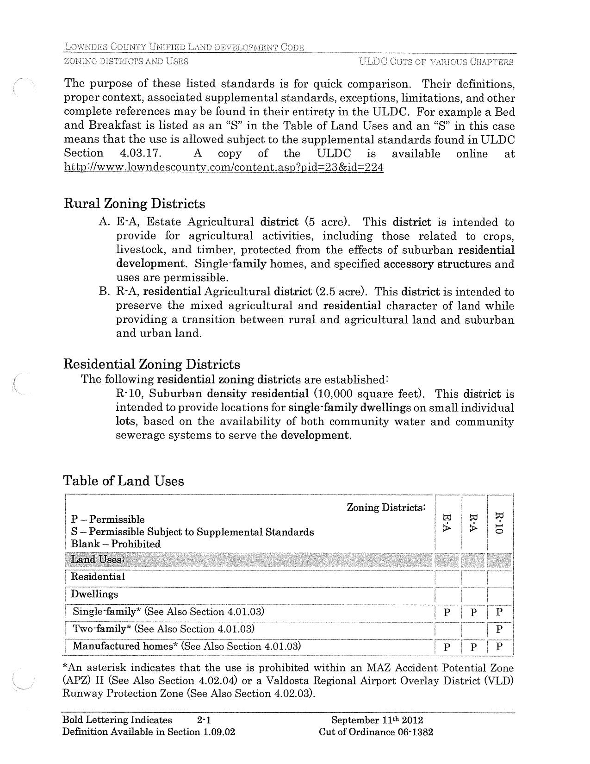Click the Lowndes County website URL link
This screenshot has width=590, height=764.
coord(224,168)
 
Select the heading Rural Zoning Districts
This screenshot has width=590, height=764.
coord(134,204)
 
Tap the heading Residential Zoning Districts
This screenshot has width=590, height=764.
coord(152,364)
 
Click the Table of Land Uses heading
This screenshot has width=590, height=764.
coord(124,481)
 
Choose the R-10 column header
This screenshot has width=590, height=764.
coord(499,523)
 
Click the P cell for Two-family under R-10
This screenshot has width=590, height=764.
coord(499,629)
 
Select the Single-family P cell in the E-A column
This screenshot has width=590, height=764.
coord(447,612)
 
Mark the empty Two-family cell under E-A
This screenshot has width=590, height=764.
coord(447,629)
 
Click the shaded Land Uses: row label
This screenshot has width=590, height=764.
coord(98,559)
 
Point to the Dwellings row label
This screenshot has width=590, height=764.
coord(94,594)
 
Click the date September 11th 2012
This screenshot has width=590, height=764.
coord(377,720)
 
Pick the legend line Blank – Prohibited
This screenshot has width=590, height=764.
coord(116,544)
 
